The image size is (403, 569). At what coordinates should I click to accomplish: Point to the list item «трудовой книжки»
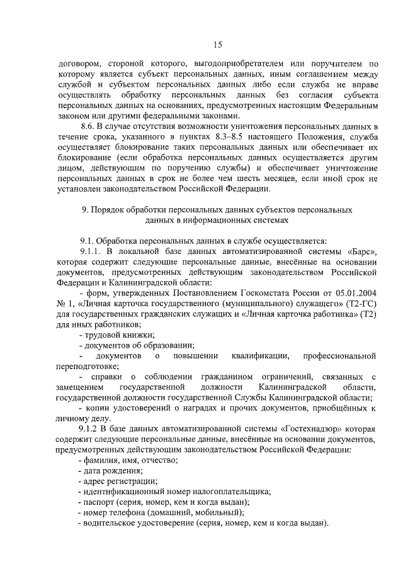(120, 335)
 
